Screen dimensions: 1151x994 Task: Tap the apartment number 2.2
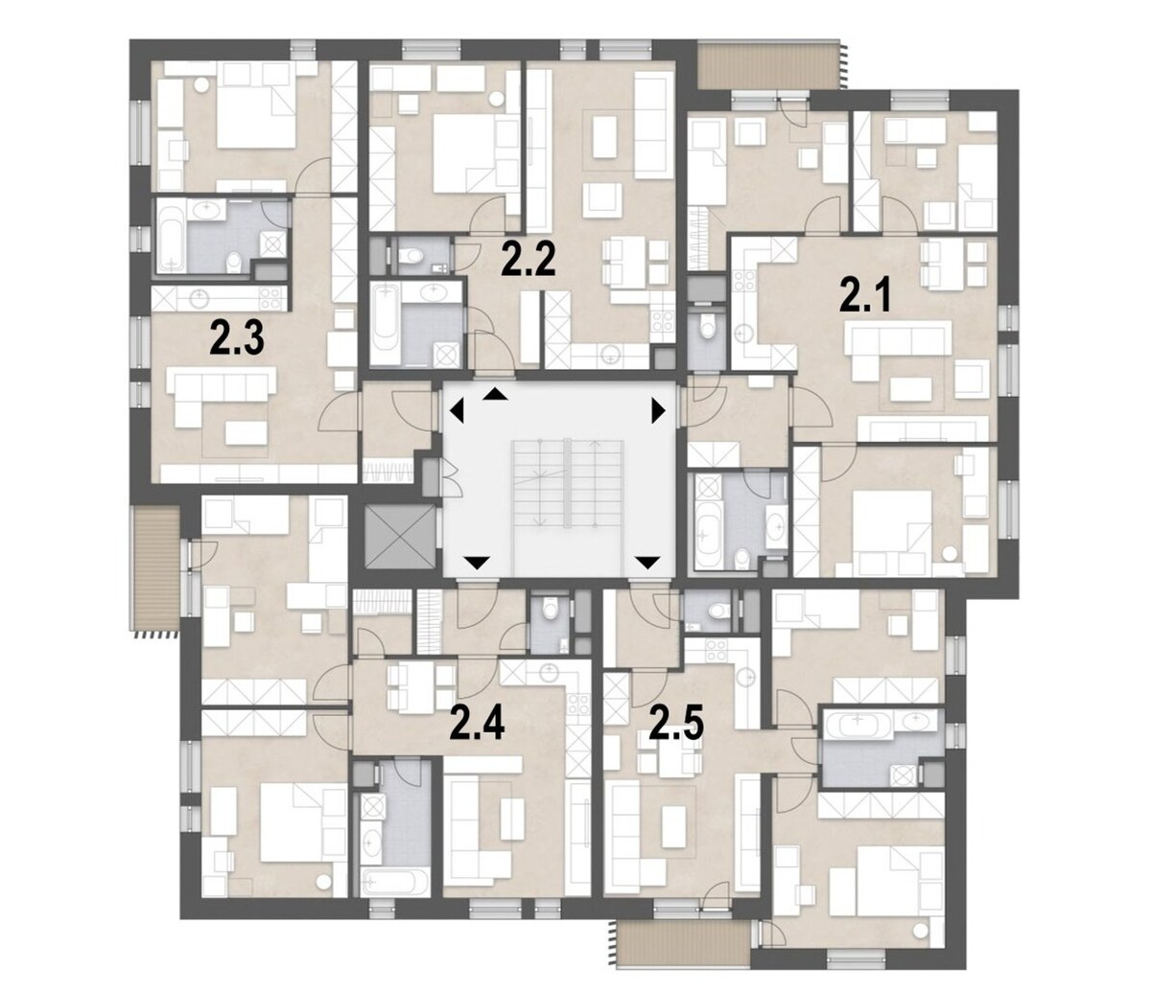[x=529, y=260]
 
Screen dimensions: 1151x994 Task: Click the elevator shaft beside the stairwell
[x=400, y=537]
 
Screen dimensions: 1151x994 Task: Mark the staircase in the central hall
[x=567, y=484]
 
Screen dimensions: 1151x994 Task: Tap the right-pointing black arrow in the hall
[x=659, y=411]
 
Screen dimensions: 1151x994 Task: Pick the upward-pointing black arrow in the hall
[x=496, y=395]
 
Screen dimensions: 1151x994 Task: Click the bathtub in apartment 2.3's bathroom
[x=172, y=237]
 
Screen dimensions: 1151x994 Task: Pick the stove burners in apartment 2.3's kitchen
[x=270, y=299]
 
